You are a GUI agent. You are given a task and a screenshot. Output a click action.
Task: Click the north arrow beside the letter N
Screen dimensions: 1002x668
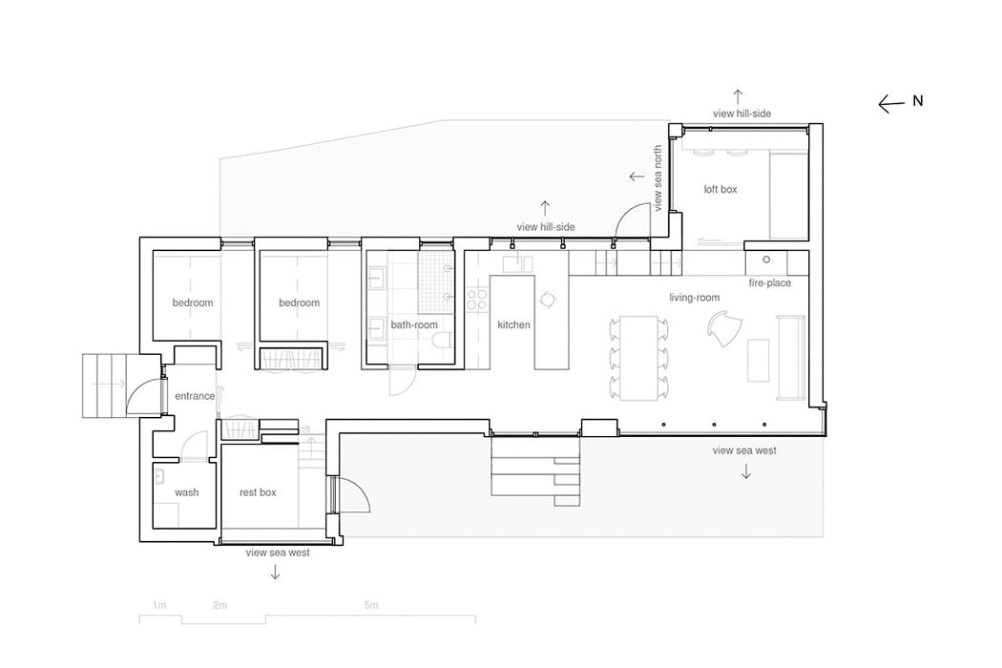891,104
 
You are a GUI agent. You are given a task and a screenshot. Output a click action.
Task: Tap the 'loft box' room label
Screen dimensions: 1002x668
720,189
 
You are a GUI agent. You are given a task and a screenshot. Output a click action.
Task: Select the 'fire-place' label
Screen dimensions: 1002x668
769,282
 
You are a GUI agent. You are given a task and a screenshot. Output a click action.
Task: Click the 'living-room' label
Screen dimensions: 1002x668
694,297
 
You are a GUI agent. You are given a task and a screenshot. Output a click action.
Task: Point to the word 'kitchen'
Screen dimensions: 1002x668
513,324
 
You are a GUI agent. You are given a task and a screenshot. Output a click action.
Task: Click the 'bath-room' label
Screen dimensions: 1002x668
414,324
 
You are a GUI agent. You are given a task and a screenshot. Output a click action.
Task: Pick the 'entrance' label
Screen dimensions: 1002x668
195,396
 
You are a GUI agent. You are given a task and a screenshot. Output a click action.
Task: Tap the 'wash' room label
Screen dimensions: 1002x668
187,492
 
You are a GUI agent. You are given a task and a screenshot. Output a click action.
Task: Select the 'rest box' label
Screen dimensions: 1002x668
258,492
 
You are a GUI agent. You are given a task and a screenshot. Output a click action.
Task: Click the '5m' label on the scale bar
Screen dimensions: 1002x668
371,605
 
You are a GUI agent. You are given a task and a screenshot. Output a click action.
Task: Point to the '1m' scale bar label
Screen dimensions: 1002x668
159,605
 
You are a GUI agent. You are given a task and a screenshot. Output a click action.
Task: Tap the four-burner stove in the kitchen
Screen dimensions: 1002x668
477,301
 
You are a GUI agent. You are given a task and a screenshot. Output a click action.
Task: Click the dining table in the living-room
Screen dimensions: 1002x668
639,357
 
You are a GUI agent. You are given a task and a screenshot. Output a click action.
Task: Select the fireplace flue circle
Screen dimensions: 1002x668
766,260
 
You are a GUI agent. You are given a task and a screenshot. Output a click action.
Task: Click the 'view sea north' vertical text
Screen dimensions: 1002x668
658,178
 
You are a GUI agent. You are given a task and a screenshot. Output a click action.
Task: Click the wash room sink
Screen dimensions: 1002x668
159,476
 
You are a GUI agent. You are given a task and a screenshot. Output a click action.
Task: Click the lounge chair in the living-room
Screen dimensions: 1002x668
725,328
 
